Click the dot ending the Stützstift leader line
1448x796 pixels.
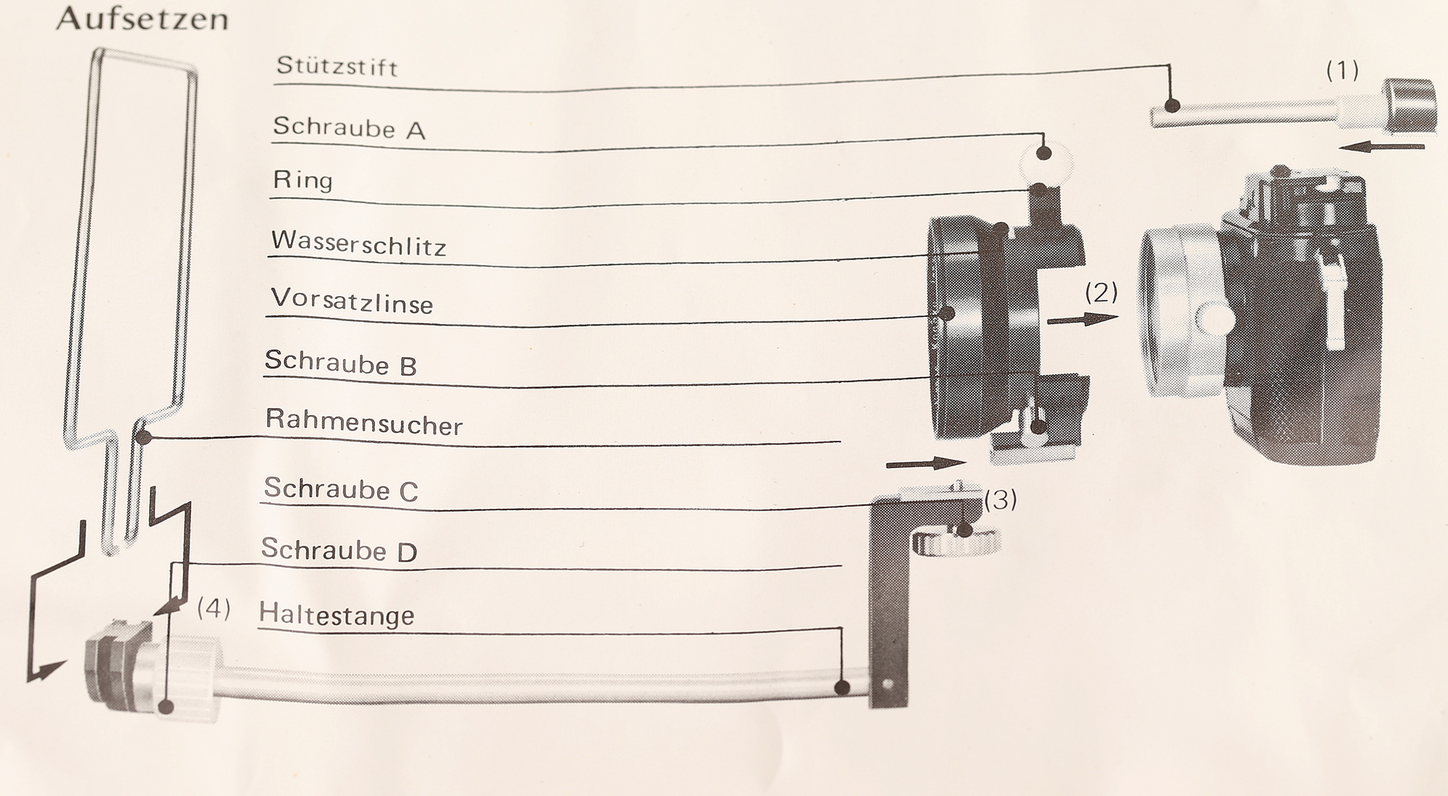(1171, 106)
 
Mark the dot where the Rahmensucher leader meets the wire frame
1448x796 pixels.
(143, 437)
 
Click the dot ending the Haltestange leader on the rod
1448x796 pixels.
(841, 687)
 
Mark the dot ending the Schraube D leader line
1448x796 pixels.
(166, 706)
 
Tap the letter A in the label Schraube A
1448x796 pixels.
(416, 131)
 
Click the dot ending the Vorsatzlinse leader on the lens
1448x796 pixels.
(947, 313)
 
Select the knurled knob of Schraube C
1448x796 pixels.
(956, 542)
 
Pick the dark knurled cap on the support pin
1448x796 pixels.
(1408, 106)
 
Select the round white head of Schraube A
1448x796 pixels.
(1045, 161)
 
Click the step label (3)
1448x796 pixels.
(1001, 499)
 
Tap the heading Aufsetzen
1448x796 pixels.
(142, 18)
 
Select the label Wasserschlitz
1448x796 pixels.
(358, 243)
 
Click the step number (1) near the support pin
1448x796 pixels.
(1342, 70)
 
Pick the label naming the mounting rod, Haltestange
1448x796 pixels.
(337, 615)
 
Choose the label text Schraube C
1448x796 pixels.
(341, 489)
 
